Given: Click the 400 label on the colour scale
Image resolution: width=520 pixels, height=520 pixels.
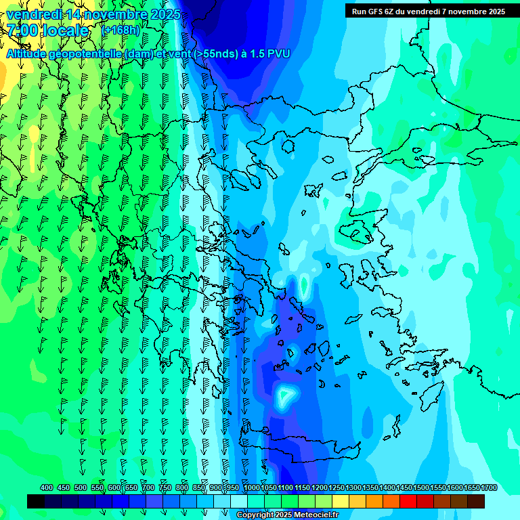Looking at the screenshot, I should [x=47, y=487].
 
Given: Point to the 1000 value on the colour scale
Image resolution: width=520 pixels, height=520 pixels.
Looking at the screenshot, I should [x=252, y=487].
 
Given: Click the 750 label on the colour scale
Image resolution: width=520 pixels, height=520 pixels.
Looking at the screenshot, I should [x=165, y=487].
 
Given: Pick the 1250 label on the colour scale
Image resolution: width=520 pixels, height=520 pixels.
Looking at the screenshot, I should [x=337, y=487].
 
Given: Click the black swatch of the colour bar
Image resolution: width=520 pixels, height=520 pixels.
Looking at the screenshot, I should [x=36, y=501].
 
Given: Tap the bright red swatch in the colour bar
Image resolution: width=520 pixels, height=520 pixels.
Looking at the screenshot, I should [x=408, y=501].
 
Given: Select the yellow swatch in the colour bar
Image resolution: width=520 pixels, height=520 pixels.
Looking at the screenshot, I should [x=341, y=501].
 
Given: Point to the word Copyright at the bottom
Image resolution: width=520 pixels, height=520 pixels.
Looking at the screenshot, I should [x=257, y=515].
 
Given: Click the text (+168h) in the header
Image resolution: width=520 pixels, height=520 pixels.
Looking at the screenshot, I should [x=121, y=30].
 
